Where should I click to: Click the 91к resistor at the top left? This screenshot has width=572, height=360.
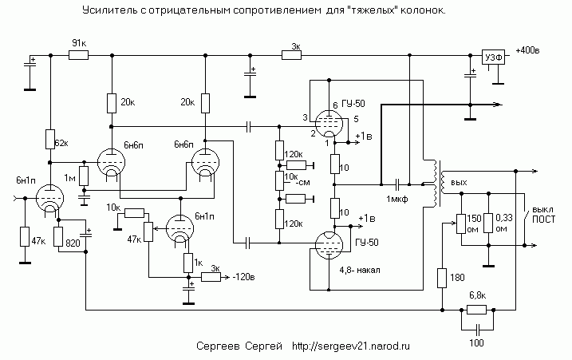78,55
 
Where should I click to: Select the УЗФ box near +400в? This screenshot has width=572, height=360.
494,57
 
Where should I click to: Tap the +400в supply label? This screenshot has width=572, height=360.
527,50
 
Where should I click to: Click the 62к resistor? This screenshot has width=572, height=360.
50,139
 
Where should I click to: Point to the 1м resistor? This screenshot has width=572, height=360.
84,176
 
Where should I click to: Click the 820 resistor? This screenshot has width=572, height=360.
58,236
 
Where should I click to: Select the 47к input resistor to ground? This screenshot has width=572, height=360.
25,236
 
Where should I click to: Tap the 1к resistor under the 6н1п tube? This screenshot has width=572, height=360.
187,263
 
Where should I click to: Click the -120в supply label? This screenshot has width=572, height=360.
243,277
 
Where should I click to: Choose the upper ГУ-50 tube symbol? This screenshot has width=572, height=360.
329,124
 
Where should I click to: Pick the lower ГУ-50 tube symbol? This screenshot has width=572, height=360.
329,245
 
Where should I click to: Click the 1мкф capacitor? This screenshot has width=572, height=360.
398,184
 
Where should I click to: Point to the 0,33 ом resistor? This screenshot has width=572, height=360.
488,223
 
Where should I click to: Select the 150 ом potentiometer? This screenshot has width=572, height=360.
461,223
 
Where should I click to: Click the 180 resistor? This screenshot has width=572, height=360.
442,278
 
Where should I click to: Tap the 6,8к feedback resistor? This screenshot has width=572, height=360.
477,310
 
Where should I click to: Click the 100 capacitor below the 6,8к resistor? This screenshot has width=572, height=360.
478,330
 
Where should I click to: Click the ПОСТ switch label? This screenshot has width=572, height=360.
543,220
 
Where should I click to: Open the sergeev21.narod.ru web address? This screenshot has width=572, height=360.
350,346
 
